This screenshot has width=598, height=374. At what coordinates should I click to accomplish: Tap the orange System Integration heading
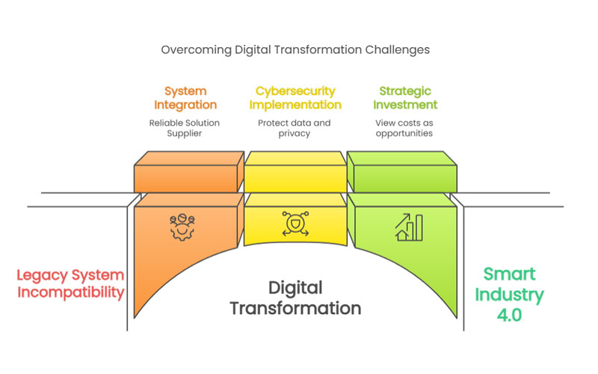point(185,98)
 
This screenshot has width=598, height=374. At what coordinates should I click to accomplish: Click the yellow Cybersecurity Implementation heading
point(295,98)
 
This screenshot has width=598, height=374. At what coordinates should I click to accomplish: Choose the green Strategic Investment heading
point(405,98)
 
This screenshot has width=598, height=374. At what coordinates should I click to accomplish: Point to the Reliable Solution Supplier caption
point(184,128)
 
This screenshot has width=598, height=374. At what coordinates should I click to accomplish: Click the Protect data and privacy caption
point(294,128)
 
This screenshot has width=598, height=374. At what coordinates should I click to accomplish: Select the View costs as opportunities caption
point(404,128)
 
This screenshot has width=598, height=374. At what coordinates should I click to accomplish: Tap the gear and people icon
point(182,227)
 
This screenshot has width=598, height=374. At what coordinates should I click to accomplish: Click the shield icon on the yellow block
point(295,224)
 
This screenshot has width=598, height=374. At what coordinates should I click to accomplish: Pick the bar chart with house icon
point(408,227)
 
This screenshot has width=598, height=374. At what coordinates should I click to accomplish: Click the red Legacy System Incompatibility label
point(70,284)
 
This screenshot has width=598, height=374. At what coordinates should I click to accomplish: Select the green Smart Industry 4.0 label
point(509,295)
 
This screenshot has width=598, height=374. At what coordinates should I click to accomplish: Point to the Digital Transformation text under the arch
point(295,298)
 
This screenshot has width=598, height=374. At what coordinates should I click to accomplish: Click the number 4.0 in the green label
point(509,315)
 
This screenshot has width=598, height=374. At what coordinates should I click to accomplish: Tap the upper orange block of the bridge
point(189,172)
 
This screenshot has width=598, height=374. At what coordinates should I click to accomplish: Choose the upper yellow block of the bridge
point(295,172)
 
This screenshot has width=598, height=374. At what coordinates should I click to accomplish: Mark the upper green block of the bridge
point(402,172)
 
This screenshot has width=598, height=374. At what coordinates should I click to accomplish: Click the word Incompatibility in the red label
point(71,292)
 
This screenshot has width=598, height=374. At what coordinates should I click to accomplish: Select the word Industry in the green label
point(509,295)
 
